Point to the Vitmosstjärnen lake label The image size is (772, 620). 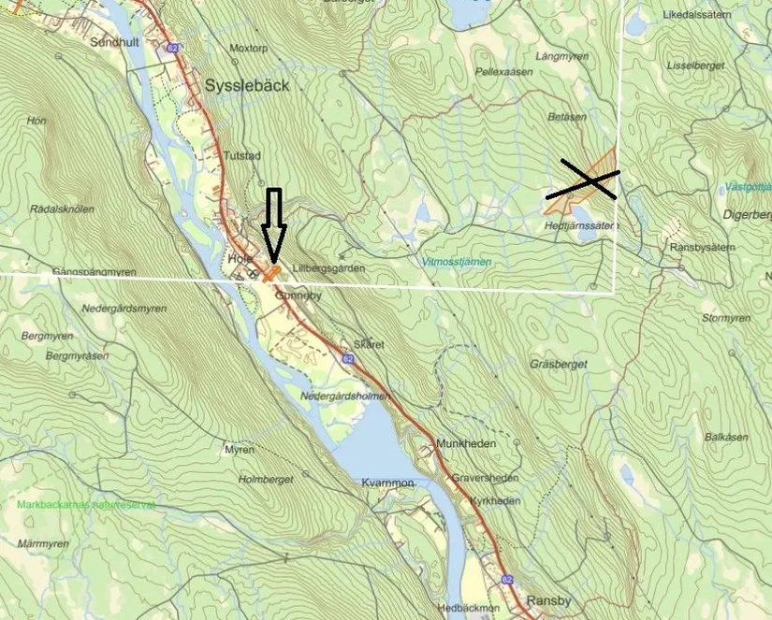pyautogui.click(x=456, y=262)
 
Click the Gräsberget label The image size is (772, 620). pyautogui.click(x=559, y=364)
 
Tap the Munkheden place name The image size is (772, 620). pyautogui.click(x=465, y=443)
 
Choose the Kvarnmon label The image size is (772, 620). pyautogui.click(x=387, y=483)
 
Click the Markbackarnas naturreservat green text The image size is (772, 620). pyautogui.click(x=85, y=505)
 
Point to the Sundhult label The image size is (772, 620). pyautogui.click(x=114, y=42)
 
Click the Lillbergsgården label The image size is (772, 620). pyautogui.click(x=327, y=268)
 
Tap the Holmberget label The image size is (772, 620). pyautogui.click(x=267, y=480)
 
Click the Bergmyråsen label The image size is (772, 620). pyautogui.click(x=77, y=356)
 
